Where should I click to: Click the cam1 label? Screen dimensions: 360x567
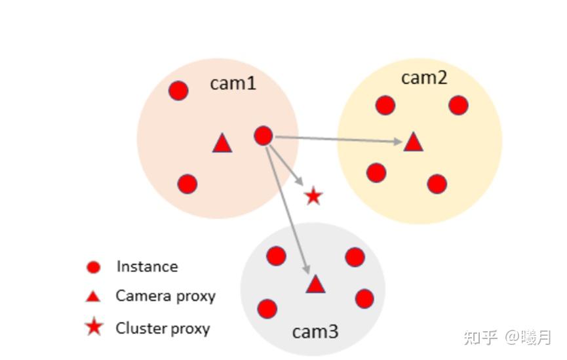point(233,83)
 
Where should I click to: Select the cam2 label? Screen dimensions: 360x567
point(424,77)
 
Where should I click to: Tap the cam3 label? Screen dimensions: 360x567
point(315,332)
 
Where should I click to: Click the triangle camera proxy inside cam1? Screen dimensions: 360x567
point(222,144)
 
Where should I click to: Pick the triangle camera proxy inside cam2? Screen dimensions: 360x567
point(413,142)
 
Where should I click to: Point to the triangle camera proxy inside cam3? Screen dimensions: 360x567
point(315,285)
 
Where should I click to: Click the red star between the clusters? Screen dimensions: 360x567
point(313,195)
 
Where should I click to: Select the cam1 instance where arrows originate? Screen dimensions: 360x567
point(263,136)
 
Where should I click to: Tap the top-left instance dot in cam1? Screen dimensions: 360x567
point(178,90)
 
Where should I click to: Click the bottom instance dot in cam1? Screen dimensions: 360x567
point(187,184)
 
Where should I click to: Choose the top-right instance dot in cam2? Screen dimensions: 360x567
point(458,105)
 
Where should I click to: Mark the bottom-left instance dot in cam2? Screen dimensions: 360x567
point(376,172)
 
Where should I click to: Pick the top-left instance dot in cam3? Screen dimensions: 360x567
point(276,256)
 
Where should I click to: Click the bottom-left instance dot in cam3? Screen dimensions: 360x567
point(267,308)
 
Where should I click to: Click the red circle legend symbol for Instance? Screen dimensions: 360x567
point(94,267)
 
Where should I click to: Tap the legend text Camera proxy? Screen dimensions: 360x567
point(165,296)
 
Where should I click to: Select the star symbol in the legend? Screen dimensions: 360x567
point(94,327)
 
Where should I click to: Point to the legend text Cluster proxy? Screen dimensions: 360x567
point(163,328)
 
